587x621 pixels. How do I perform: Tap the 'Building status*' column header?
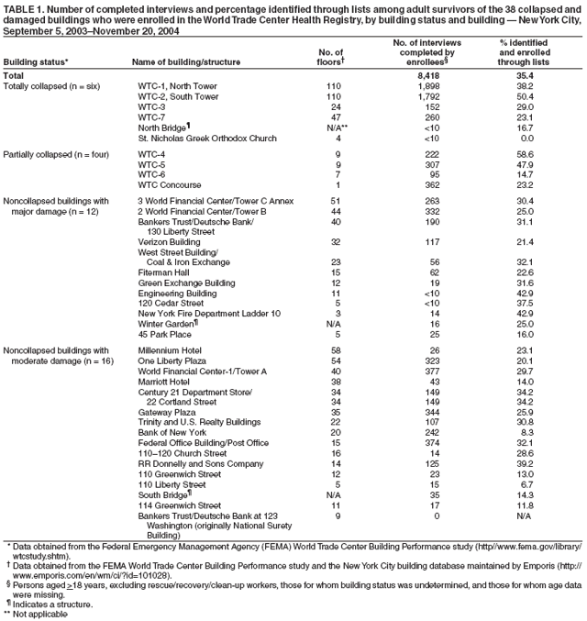coord(37,62)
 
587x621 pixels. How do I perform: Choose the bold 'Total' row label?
coord(15,75)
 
